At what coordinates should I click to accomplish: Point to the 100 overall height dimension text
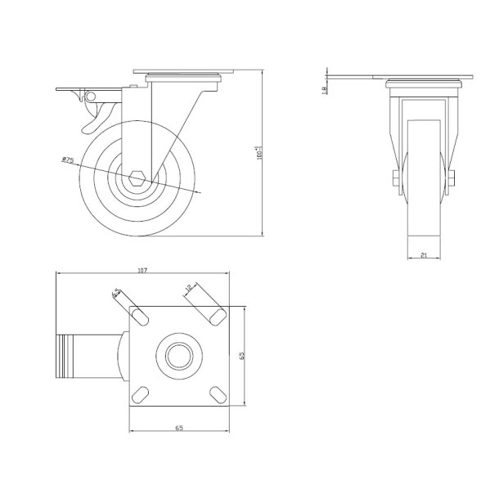point(259,152)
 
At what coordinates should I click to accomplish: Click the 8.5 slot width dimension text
point(117,292)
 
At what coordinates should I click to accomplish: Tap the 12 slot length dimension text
point(187,287)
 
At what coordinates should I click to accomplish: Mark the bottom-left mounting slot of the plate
point(140,393)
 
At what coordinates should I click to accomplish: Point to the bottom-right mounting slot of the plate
point(217,394)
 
